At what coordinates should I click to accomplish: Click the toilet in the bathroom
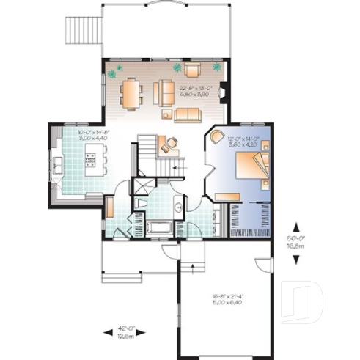pyautogui.click(x=139, y=202)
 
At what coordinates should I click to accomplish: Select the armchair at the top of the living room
pyautogui.click(x=192, y=70)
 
